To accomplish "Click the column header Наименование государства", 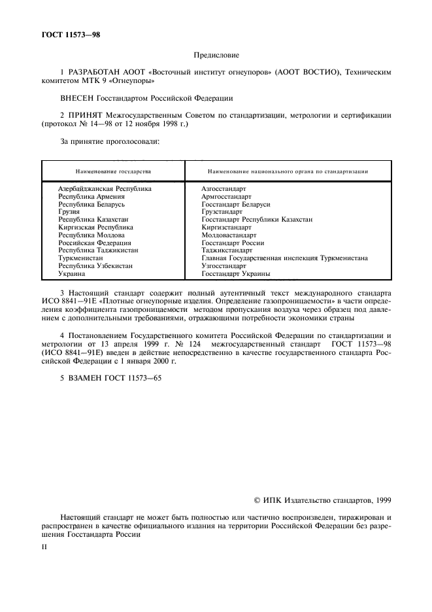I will click(113, 171).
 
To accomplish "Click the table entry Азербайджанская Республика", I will click(105, 189).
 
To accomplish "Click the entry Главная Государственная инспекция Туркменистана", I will click(284, 258).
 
